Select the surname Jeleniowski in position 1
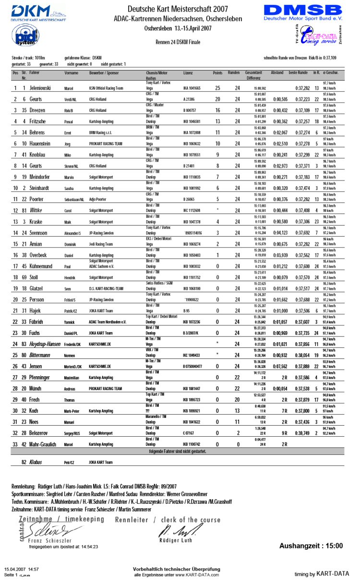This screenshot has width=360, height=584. (44, 88)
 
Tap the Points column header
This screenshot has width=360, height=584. (217, 72)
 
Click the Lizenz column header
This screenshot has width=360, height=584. (188, 72)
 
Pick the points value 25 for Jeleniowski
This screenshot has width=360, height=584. (217, 88)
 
